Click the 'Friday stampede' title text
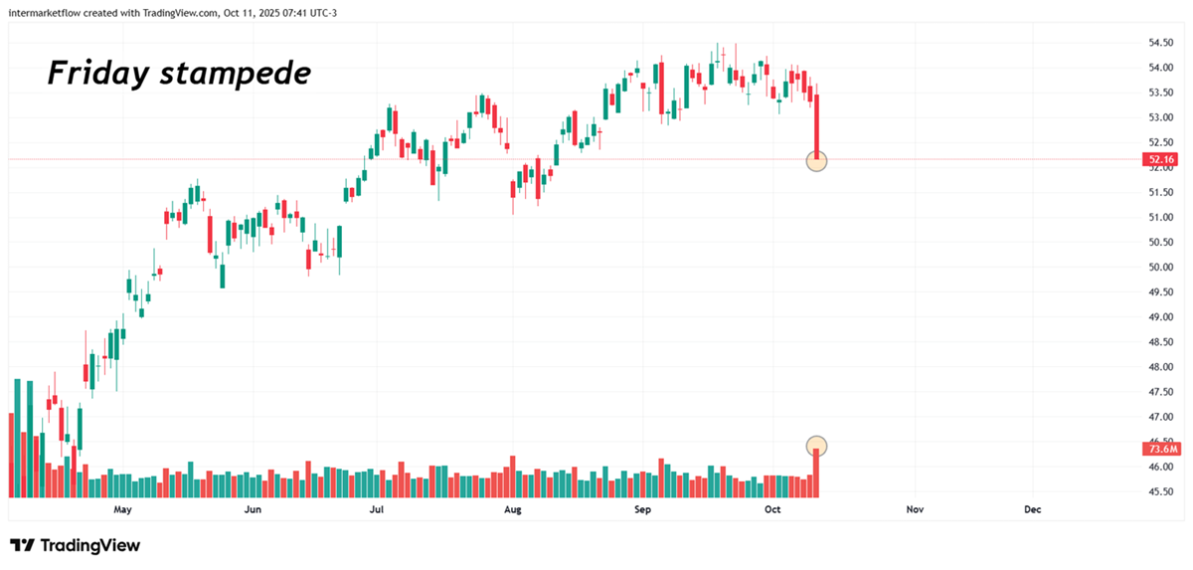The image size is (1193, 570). click(x=180, y=73)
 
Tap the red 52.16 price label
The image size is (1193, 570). click(x=1160, y=159)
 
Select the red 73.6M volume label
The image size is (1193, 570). click(x=1160, y=450)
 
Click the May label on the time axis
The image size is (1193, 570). click(x=122, y=509)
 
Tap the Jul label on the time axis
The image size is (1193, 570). click(x=376, y=509)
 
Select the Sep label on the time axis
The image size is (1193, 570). click(x=642, y=509)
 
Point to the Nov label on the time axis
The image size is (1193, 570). click(x=915, y=509)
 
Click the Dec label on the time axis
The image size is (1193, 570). click(x=1033, y=509)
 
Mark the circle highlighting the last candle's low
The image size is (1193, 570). click(x=816, y=160)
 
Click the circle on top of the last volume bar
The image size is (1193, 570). click(x=816, y=446)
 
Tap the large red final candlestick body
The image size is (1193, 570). click(x=816, y=124)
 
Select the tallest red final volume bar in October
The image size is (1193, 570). click(x=816, y=475)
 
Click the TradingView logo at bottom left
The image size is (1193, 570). click(x=75, y=545)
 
